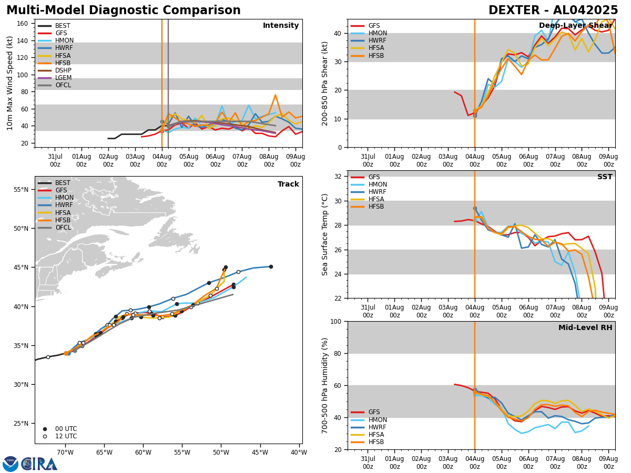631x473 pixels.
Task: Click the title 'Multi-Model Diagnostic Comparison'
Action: (x=124, y=11)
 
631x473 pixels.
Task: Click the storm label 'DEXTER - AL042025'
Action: (x=553, y=11)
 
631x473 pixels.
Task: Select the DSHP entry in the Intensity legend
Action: (x=63, y=70)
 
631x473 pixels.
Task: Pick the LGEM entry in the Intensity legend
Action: (x=63, y=78)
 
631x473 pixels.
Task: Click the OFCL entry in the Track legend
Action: (x=63, y=228)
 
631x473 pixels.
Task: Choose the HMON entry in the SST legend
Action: (x=378, y=184)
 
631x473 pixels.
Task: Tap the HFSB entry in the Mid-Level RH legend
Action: (x=376, y=442)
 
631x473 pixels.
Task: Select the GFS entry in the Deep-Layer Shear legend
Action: (x=374, y=26)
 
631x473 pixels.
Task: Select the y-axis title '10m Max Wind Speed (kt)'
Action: (x=9, y=83)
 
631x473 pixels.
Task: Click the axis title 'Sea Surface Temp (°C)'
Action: (x=325, y=234)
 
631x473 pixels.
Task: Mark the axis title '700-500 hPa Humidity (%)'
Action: (x=325, y=385)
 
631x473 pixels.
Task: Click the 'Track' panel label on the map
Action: (x=288, y=184)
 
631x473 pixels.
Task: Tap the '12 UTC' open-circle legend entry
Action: (x=66, y=436)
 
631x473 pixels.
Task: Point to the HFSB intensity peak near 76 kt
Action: (x=275, y=95)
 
